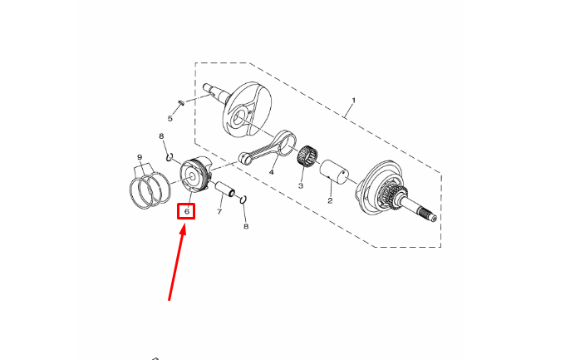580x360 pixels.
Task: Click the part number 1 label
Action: pos(354,101)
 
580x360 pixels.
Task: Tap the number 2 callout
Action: pos(330,201)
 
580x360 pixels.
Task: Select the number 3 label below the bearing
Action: pos(301,185)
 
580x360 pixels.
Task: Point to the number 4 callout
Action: pos(272,172)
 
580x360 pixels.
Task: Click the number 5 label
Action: pos(170,119)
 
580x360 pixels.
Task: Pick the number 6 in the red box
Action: pos(187,212)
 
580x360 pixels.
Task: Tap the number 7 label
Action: pos(219,212)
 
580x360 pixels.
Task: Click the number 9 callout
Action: pos(140,158)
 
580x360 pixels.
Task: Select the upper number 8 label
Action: pos(161,136)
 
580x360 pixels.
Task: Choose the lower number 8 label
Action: pos(246,226)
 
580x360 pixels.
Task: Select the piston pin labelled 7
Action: pos(225,189)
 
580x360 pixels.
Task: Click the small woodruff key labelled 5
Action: pos(181,102)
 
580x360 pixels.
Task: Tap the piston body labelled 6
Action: pos(195,174)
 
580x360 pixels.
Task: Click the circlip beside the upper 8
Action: pos(170,158)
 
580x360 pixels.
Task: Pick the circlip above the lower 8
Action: pos(243,200)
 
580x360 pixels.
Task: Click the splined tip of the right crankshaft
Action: pos(428,215)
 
